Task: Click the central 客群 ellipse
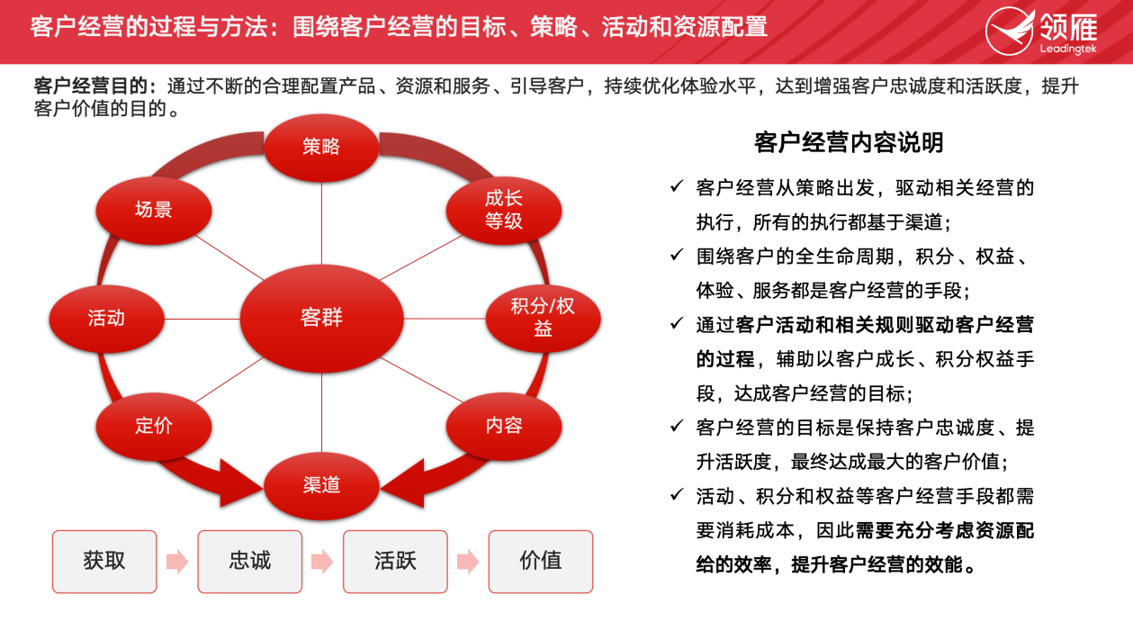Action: (321, 319)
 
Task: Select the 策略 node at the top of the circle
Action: (321, 148)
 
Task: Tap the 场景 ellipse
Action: (154, 210)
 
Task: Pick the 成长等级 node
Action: (504, 210)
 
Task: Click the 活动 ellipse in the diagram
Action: (106, 319)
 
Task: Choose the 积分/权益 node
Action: (543, 319)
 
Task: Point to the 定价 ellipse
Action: (154, 426)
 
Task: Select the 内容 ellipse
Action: (504, 426)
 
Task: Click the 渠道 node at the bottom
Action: (321, 486)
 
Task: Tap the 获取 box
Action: (104, 561)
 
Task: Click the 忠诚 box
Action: (250, 561)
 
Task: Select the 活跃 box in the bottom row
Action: (395, 561)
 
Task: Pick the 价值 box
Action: (540, 561)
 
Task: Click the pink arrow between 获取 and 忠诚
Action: (177, 561)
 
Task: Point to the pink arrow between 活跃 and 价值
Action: (468, 561)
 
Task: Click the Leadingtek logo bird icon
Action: (1010, 31)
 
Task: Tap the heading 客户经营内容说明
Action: (849, 143)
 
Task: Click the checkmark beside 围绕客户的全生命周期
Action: (676, 255)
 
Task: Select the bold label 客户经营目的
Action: (91, 86)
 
